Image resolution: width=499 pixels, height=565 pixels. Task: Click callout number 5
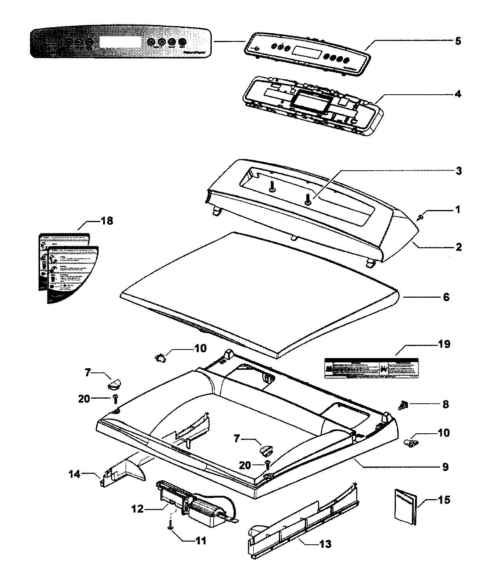click(x=458, y=41)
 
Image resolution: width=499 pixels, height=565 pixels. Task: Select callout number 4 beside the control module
click(x=458, y=94)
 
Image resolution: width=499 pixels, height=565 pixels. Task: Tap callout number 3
click(x=459, y=171)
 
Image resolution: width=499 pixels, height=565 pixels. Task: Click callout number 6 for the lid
click(x=446, y=297)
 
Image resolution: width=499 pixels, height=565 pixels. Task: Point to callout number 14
click(x=74, y=474)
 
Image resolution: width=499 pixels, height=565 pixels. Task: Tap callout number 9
click(x=444, y=466)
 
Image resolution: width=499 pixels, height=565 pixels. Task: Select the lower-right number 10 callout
click(x=443, y=433)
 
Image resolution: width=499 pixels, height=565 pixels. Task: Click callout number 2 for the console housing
click(x=459, y=247)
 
